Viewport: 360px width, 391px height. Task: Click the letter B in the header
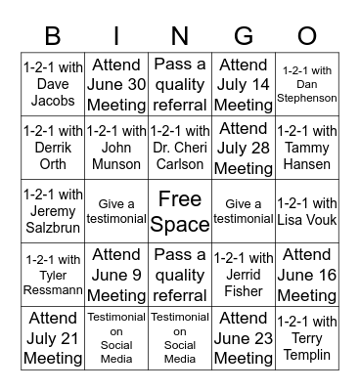point(53,37)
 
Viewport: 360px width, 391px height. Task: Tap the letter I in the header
point(117,37)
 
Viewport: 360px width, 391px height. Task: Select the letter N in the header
point(180,37)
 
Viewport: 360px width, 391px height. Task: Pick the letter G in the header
point(244,37)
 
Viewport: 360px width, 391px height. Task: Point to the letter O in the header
point(307,37)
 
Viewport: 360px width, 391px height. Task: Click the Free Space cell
point(180,211)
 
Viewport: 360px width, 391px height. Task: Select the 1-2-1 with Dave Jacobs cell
point(53,84)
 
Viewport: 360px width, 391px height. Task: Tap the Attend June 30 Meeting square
point(117,84)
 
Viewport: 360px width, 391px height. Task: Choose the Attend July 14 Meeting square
point(244,84)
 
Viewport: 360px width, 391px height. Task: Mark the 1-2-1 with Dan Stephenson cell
point(307,84)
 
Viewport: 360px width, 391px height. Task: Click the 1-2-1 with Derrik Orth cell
point(53,148)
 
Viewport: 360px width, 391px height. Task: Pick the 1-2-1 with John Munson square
point(117,148)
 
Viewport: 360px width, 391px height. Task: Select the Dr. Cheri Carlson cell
point(180,148)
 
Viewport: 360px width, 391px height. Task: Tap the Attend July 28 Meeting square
point(244,148)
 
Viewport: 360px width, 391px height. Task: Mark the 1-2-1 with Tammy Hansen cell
point(307,148)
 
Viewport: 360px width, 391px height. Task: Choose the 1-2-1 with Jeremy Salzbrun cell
point(53,211)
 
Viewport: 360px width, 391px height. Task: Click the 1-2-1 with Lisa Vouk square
point(307,211)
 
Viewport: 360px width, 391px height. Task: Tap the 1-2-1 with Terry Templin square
point(307,338)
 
